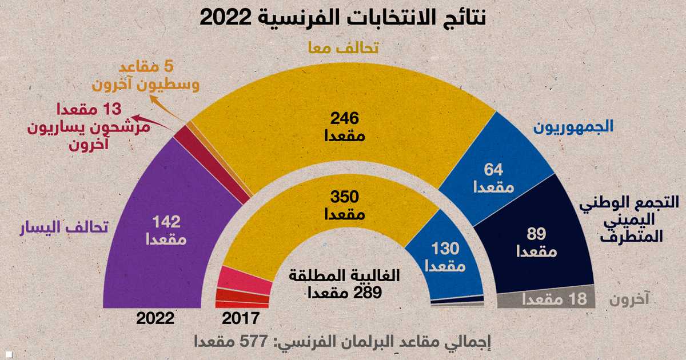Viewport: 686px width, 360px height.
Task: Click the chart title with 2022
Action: (x=343, y=17)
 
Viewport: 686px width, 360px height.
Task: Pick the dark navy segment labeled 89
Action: (x=537, y=240)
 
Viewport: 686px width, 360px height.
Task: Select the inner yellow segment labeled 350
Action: (x=343, y=206)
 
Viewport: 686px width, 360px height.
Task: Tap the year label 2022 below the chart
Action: (x=154, y=318)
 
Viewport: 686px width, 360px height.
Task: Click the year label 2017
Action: (x=241, y=318)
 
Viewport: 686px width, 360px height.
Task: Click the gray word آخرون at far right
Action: (x=632, y=300)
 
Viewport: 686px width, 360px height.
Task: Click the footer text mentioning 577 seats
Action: (x=343, y=343)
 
